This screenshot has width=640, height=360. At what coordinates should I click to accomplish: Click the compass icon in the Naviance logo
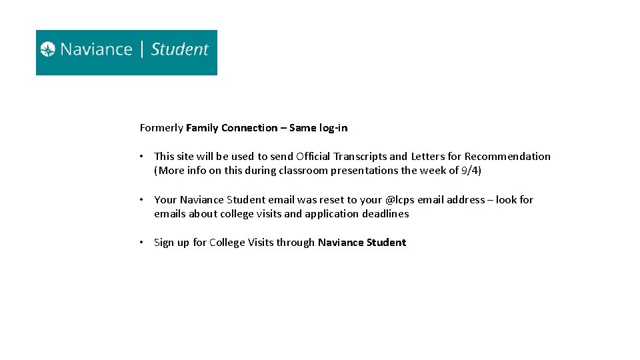[48, 49]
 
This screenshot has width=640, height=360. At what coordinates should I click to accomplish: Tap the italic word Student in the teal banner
[180, 49]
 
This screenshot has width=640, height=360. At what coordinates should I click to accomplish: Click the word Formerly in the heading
[161, 128]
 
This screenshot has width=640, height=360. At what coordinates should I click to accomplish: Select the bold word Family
[202, 128]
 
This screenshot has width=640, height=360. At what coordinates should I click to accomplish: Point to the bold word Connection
[249, 128]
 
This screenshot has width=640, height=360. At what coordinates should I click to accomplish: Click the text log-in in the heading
[333, 128]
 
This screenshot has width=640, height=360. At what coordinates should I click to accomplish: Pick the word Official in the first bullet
[312, 157]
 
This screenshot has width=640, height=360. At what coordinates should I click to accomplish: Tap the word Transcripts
[359, 157]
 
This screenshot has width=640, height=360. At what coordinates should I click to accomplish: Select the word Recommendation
[507, 157]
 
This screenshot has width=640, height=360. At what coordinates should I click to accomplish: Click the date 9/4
[471, 171]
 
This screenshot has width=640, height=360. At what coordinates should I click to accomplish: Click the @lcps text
[400, 200]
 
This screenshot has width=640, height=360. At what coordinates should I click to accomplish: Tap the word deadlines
[385, 214]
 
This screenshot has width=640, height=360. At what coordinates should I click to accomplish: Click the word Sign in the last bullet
[164, 243]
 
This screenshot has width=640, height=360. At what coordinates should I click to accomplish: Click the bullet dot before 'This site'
[142, 157]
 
